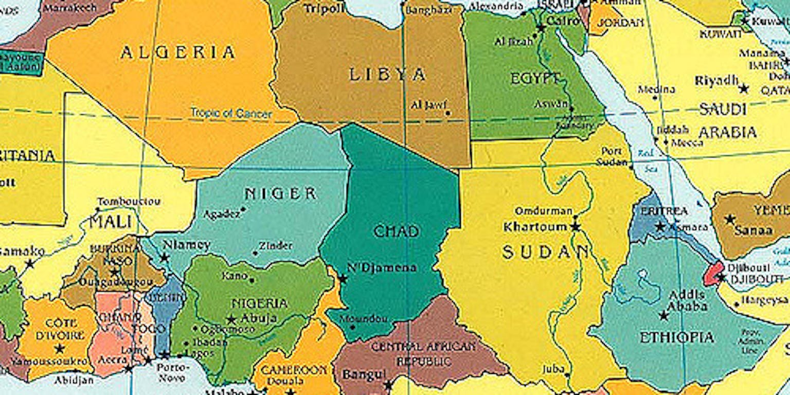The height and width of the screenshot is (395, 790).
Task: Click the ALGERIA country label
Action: (x=177, y=52)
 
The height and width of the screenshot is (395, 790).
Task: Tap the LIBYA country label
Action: (x=387, y=75)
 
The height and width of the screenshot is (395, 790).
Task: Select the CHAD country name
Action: (x=396, y=231)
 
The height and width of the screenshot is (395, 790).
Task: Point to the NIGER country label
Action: (x=280, y=194)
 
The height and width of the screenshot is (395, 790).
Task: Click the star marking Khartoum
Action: (x=575, y=227)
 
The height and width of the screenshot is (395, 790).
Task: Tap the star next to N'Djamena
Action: (x=343, y=279)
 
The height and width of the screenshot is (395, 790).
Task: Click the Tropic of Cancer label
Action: (x=231, y=113)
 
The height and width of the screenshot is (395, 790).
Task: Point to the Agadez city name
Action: (x=221, y=214)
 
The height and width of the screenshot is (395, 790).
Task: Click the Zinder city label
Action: (x=276, y=246)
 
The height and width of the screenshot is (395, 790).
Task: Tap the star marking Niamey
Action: (x=165, y=257)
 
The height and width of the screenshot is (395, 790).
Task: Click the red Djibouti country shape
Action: (x=712, y=274)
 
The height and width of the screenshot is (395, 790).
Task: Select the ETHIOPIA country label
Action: (x=676, y=338)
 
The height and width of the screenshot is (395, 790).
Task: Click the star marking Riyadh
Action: (x=743, y=88)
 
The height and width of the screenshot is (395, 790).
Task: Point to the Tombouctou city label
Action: (x=129, y=202)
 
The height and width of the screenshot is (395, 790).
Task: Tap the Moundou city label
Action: (x=368, y=319)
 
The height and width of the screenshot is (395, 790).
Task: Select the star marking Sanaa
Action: (x=729, y=219)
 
